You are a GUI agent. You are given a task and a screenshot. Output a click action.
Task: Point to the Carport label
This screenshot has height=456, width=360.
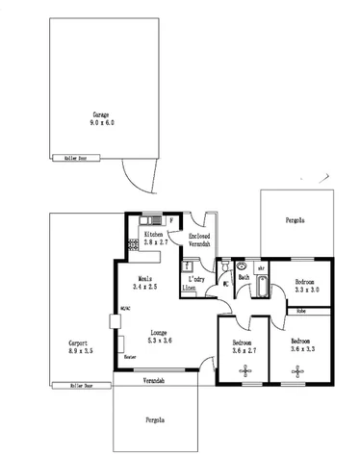pos(79,342)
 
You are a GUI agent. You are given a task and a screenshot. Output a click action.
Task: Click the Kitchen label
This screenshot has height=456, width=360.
pos(154,234)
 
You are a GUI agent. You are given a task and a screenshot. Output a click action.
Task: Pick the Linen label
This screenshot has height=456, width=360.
pos(190,287)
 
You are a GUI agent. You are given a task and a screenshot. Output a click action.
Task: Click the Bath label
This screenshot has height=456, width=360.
pos(244,278)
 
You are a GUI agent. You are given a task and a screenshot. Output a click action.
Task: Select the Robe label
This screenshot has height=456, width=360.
pos(300,311)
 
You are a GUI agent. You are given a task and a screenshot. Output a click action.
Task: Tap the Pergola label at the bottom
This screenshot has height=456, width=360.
pos(154,419)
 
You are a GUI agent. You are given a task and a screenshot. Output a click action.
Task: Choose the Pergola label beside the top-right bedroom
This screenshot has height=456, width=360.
pos(296,221)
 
